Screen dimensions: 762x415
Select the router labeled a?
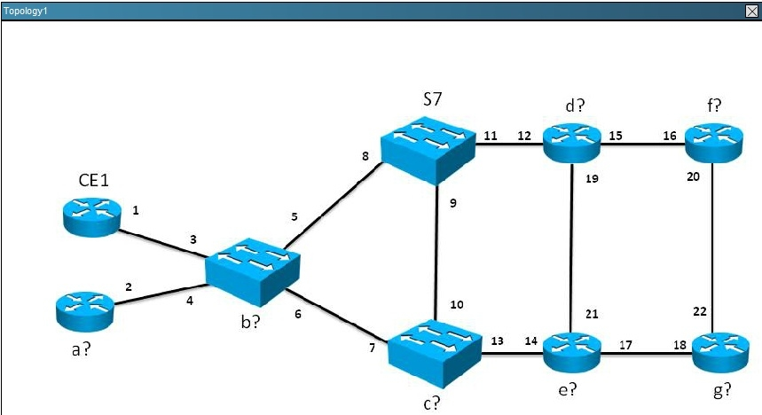coord(85,311)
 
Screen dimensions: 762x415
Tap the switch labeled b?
coord(253,271)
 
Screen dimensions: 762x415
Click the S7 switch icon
coord(428,150)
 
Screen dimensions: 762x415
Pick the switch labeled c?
coord(435,353)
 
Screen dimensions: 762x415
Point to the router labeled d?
coord(572,143)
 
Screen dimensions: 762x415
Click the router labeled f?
coord(714,143)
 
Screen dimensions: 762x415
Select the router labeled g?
coord(720,353)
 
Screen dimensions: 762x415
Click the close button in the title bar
coord(751,11)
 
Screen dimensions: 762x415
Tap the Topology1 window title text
coord(25,11)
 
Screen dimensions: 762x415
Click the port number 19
coord(592,179)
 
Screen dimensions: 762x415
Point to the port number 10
coord(457,305)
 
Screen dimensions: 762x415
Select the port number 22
coord(700,311)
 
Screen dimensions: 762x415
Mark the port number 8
coord(365,156)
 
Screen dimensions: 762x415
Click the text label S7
coord(433,99)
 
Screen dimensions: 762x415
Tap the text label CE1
coord(94,180)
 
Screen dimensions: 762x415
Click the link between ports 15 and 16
coord(643,144)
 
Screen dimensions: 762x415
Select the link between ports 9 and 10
coord(437,253)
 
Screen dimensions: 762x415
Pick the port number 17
coord(625,345)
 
